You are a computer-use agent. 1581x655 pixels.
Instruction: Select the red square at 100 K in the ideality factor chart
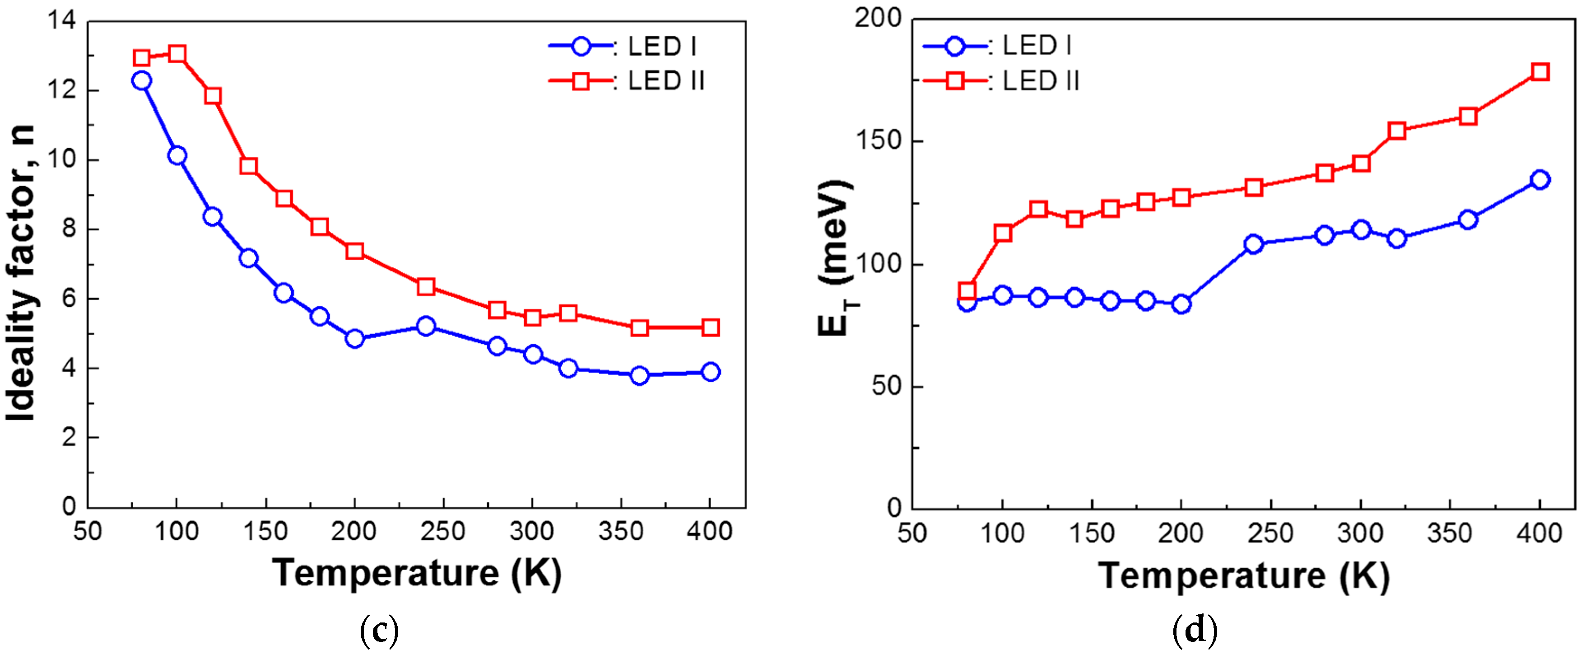pos(177,54)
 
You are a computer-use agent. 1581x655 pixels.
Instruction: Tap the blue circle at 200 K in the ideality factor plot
pos(355,338)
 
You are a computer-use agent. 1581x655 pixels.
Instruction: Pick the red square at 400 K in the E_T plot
pos(1540,72)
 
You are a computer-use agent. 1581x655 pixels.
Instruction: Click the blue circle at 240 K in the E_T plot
pos(1253,244)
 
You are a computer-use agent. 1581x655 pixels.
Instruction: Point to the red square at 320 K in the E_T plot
pos(1397,131)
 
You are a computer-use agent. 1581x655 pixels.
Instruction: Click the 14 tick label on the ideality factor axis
pos(61,21)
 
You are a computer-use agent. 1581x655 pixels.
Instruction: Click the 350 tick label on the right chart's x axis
pos(1450,533)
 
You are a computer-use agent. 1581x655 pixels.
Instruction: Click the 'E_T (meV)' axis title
pos(836,258)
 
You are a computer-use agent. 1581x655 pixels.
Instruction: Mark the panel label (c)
pos(379,631)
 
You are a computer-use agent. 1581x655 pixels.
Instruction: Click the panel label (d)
pos(1195,631)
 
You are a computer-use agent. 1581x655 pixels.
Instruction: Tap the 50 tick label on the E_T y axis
pos(886,386)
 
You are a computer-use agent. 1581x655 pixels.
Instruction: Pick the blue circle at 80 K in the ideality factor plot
pos(142,80)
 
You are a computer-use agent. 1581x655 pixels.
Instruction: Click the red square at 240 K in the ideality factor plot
pos(426,287)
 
